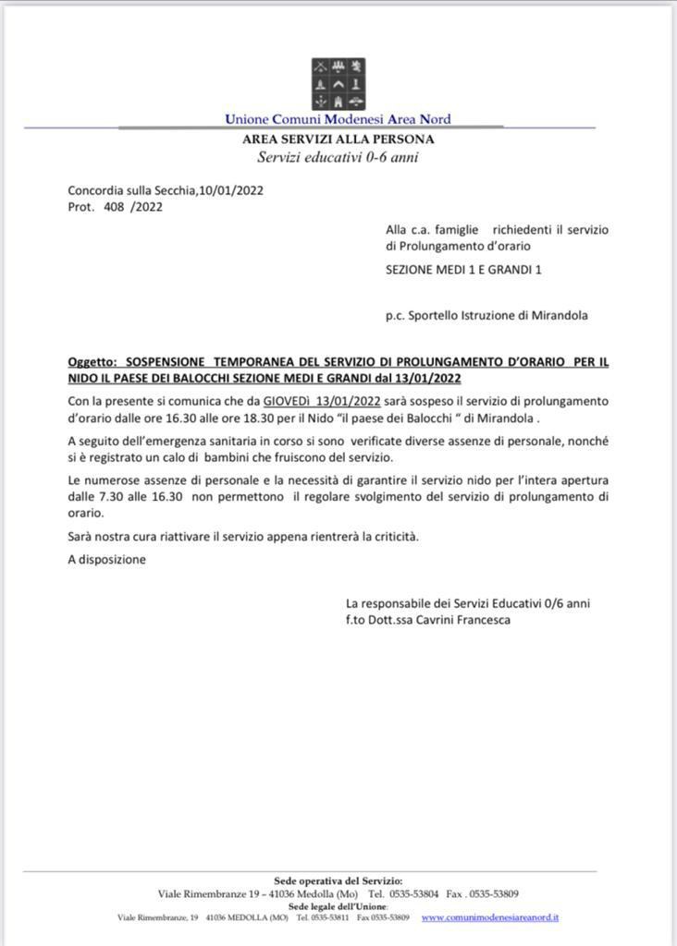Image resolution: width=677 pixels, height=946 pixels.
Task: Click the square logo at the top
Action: pyautogui.click(x=338, y=84)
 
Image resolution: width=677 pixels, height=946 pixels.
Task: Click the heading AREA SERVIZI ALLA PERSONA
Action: pyautogui.click(x=338, y=139)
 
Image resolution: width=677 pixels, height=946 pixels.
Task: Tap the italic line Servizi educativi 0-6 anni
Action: pyautogui.click(x=338, y=157)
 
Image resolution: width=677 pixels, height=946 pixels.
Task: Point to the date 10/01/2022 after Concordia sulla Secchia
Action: pyautogui.click(x=231, y=191)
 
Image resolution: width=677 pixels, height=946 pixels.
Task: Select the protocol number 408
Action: pyautogui.click(x=116, y=207)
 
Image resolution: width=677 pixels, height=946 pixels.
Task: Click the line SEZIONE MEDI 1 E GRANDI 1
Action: pyautogui.click(x=463, y=269)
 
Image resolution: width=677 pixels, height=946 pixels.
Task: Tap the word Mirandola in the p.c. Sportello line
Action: pyautogui.click(x=560, y=315)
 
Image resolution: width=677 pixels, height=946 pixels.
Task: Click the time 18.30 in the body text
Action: pyautogui.click(x=241, y=417)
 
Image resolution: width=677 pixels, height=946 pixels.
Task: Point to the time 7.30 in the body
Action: pyautogui.click(x=107, y=496)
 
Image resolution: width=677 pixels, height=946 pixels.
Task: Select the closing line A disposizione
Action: pyautogui.click(x=106, y=559)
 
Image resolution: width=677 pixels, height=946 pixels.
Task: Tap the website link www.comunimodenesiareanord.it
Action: pyautogui.click(x=489, y=917)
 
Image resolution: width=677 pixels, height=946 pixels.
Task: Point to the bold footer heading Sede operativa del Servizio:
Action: pyautogui.click(x=338, y=880)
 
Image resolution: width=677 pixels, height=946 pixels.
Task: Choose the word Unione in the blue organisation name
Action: pyautogui.click(x=247, y=119)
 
